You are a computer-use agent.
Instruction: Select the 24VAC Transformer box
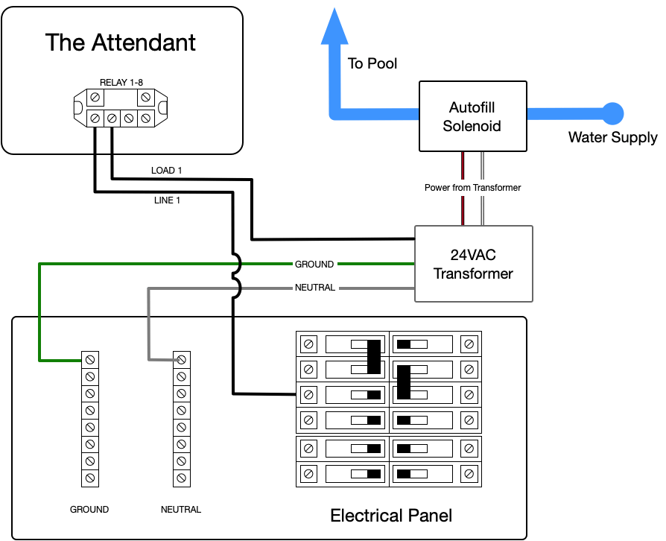[x=473, y=264]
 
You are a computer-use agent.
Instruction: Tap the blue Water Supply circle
[x=612, y=113]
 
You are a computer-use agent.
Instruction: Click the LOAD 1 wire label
[x=167, y=171]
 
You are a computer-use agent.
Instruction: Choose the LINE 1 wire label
[x=167, y=200]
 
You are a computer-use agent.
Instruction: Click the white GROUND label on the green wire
[x=314, y=264]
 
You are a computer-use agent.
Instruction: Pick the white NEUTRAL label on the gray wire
[x=315, y=287]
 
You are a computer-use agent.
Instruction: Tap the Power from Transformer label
[x=472, y=188]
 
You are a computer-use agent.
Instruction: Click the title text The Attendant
[x=121, y=42]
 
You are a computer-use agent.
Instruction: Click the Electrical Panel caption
[x=391, y=515]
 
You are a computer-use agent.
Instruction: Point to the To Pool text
[x=372, y=63]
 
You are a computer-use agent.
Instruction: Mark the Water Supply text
[x=613, y=137]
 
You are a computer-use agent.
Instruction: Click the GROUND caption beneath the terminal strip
[x=89, y=510]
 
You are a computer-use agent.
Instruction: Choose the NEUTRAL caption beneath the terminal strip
[x=181, y=510]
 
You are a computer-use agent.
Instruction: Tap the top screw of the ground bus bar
[x=89, y=359]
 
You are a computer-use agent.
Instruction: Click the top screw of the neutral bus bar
[x=181, y=359]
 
